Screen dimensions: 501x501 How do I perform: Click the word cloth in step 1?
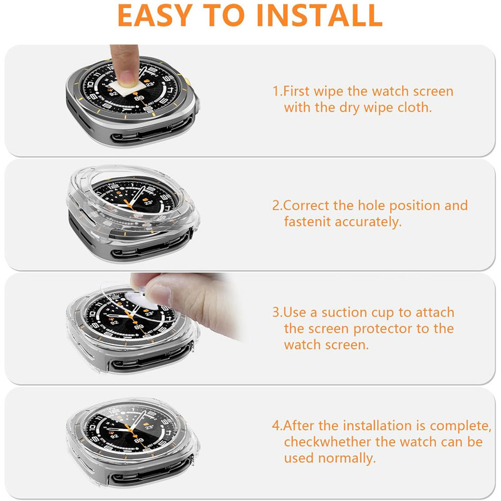click(414, 107)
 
